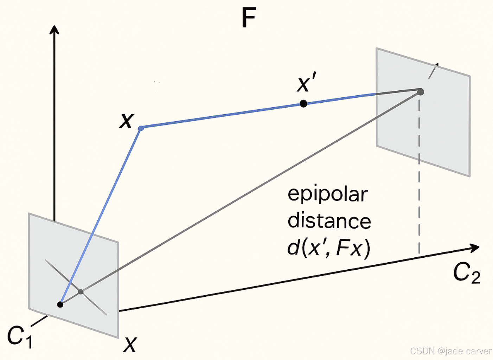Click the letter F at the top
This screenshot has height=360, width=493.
[x=249, y=18]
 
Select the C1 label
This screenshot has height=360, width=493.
[x=20, y=336]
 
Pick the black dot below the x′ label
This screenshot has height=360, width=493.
[x=303, y=103]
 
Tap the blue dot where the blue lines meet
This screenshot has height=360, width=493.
[x=141, y=128]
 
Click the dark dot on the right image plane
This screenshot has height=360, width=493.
[x=421, y=92]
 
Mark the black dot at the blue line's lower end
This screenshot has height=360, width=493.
[x=60, y=304]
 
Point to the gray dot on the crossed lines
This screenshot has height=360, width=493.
[x=81, y=292]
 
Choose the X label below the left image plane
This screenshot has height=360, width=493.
[x=130, y=345]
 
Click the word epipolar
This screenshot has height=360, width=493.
[x=327, y=194]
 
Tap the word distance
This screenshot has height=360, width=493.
[x=329, y=221]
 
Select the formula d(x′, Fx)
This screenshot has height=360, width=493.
[x=329, y=248]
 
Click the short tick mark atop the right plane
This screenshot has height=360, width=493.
[x=433, y=71]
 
